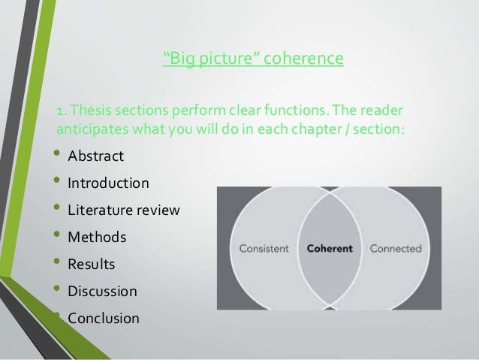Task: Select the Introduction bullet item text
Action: pyautogui.click(x=108, y=183)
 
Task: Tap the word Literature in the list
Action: pyautogui.click(x=95, y=210)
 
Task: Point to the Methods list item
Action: pyautogui.click(x=97, y=237)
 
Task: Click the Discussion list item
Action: pyautogui.click(x=103, y=291)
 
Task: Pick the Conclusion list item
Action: pyautogui.click(x=104, y=318)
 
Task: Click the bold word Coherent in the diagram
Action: pyautogui.click(x=327, y=248)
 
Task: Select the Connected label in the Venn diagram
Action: pyautogui.click(x=396, y=248)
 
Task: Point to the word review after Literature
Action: pyautogui.click(x=158, y=210)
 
